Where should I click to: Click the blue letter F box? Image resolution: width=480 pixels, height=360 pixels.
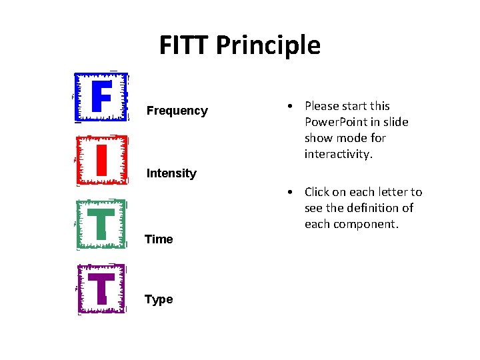pos(101,97)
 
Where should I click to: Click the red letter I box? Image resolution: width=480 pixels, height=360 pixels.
pos(101,159)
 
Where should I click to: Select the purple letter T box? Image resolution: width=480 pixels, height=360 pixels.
pos(101,289)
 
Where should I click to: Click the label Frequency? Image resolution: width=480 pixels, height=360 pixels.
pos(177,111)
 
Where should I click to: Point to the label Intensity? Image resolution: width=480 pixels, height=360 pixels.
pos(171,173)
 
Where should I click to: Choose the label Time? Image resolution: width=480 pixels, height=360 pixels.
pos(159,239)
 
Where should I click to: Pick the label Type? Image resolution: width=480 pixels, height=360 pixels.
pos(159,299)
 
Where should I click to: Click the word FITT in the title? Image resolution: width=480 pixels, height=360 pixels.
pos(185,45)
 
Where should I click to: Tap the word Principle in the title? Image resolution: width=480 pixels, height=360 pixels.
pos(269,45)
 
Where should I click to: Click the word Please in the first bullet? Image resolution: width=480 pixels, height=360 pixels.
pos(321,106)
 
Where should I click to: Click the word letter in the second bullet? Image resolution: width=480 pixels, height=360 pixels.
pos(393,192)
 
